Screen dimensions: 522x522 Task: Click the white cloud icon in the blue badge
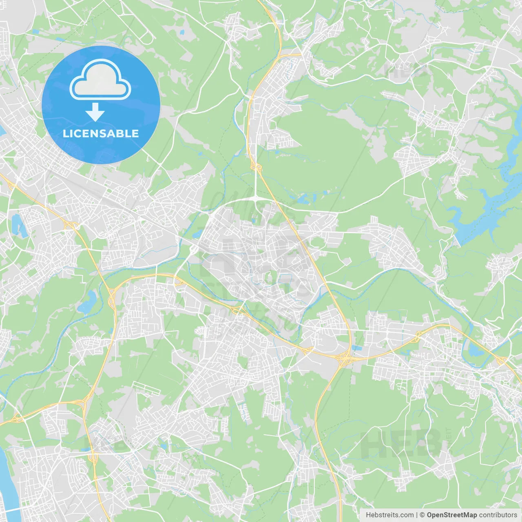point(100,80)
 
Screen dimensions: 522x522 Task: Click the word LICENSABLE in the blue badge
point(101,133)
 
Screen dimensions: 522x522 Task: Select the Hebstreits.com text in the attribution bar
point(389,515)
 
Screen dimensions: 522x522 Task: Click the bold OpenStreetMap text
point(451,515)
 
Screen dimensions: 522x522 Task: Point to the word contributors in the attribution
point(498,515)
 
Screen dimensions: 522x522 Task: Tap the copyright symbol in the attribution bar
point(422,515)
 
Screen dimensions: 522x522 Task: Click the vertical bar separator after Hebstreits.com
point(417,515)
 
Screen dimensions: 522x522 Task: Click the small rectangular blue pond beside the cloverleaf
point(357,348)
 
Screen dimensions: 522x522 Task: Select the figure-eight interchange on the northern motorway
point(256,166)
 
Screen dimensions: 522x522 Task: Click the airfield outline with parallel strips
point(146,388)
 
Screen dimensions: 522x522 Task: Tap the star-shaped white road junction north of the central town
point(256,198)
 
